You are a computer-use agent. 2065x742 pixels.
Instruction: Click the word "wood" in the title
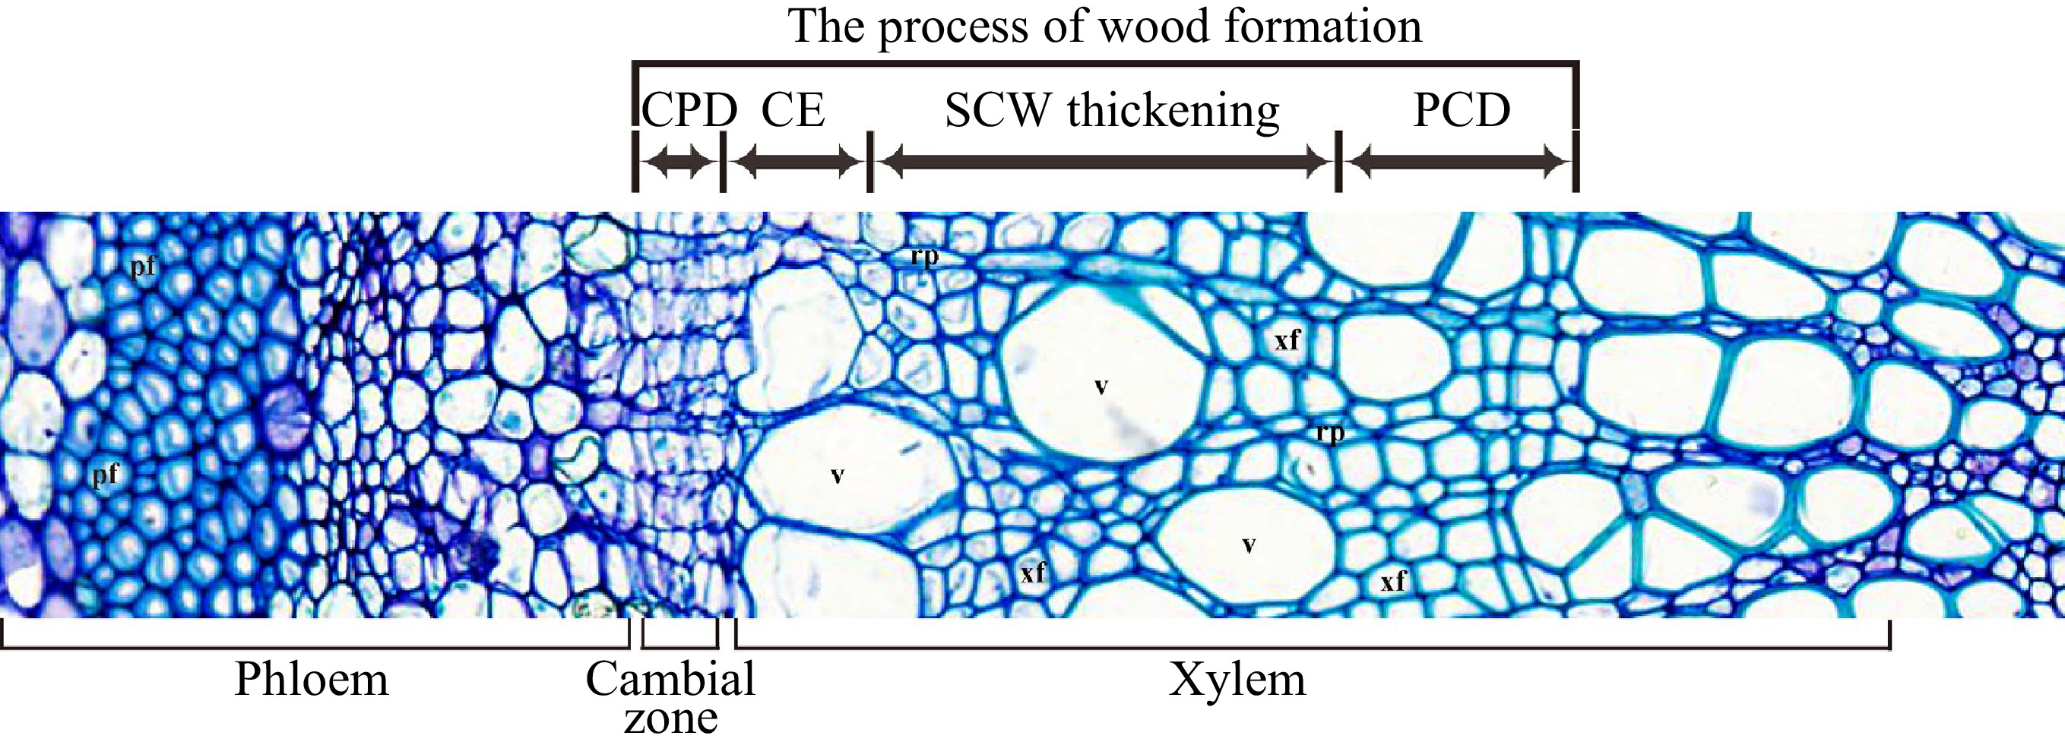coord(1154,26)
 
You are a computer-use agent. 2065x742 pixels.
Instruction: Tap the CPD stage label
coord(689,110)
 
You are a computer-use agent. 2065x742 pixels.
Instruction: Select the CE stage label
coord(793,110)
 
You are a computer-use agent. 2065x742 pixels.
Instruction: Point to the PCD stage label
coord(1462,110)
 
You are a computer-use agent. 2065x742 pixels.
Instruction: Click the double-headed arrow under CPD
coord(678,163)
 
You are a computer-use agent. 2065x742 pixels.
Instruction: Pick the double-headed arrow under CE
coord(796,163)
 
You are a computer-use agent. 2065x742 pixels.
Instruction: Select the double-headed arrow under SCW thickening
coord(1104,163)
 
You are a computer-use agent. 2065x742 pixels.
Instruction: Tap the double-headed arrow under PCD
coord(1458,163)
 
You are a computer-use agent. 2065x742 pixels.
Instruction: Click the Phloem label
coord(311,680)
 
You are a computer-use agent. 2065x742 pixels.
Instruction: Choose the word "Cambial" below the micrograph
coord(670,680)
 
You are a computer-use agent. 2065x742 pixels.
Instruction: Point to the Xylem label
coord(1237,680)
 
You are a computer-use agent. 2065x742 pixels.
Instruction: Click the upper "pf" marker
coord(143,266)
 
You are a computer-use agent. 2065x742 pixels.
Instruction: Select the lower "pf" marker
coord(105,475)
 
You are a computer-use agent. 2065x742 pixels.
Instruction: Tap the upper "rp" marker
coord(923,257)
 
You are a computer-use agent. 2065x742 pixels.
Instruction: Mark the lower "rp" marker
coord(1330,434)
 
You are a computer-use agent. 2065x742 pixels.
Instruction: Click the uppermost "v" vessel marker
coord(1101,387)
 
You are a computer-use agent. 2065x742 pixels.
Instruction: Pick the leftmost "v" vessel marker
coord(837,476)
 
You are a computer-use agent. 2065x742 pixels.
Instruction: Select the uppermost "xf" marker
coord(1287,340)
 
